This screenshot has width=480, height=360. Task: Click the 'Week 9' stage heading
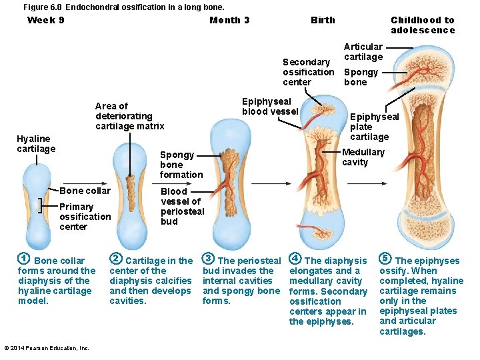pos(46,20)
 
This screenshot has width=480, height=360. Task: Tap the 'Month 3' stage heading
pos(229,20)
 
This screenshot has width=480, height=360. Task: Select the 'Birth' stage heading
pos(323,20)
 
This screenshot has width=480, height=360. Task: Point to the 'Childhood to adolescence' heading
pos(423,25)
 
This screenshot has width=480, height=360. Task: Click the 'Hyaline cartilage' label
pos(36,143)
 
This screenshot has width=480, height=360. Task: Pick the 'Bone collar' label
pos(85,191)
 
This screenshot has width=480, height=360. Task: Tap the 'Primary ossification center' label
pos(85,217)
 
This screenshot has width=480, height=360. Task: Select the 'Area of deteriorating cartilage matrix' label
pos(129,116)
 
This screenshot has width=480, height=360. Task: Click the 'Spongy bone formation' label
pos(181,165)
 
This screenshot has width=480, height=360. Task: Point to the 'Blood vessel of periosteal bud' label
pos(182,206)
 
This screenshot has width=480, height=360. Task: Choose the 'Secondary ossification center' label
pos(308,72)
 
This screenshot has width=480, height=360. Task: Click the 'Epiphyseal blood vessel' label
pos(269,107)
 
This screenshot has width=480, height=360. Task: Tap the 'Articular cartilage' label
pos(363,51)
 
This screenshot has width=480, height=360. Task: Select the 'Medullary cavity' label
pos(363,157)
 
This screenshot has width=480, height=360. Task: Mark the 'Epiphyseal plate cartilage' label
pos(374,127)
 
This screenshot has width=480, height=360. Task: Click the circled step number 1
pos(23,259)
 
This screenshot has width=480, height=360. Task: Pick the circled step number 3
pos(208,259)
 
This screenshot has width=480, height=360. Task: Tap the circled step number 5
pos(385,259)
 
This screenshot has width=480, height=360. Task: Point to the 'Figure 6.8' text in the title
pos(43,7)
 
